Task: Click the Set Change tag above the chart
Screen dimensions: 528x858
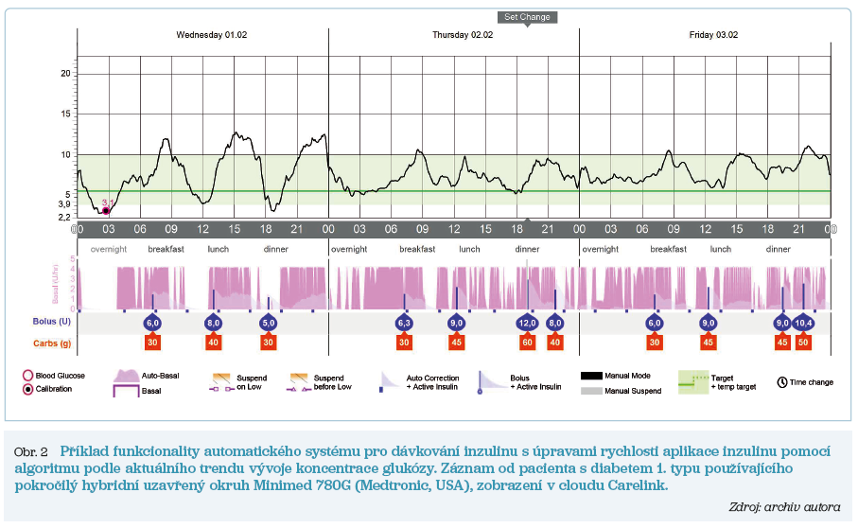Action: click(x=527, y=17)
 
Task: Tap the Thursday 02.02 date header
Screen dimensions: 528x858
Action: click(x=464, y=35)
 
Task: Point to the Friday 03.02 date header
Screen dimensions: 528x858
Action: click(x=713, y=35)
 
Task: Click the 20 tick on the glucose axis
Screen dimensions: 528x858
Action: click(x=66, y=73)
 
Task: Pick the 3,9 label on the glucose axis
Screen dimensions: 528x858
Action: click(x=64, y=204)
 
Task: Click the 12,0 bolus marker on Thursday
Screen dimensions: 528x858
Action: click(x=528, y=323)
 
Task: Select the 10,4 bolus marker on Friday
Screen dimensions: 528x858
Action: click(x=802, y=323)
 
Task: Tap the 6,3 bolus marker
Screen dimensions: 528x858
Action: click(x=405, y=323)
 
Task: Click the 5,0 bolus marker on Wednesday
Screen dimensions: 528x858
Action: click(x=269, y=323)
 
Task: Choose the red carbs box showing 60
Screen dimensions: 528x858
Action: click(x=528, y=342)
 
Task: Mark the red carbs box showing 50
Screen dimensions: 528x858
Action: click(x=802, y=342)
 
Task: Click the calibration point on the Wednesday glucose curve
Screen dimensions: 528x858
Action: click(x=107, y=210)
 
